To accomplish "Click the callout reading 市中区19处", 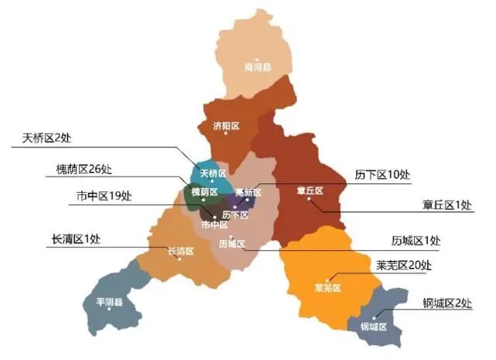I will click(x=104, y=195).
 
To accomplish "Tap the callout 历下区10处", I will click(x=382, y=174).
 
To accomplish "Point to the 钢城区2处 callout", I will click(x=447, y=303).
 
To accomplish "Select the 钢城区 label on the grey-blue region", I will click(x=374, y=326).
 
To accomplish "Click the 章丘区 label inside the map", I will click(x=309, y=190).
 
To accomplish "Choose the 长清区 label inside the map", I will click(x=180, y=251).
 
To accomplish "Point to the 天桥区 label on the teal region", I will click(x=213, y=172).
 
